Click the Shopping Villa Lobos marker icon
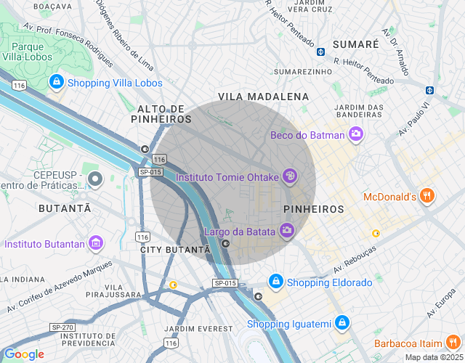56,83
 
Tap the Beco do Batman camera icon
356,134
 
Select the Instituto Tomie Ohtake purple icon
289,176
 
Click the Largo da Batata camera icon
287,231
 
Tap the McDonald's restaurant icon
427,196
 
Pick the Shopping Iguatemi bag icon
342,323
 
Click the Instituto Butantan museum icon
95,243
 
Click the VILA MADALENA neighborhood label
263,97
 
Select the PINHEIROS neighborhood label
313,209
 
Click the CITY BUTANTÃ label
174,249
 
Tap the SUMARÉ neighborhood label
355,44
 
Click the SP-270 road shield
61,328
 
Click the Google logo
24,354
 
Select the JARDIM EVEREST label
200,329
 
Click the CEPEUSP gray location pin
94,178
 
